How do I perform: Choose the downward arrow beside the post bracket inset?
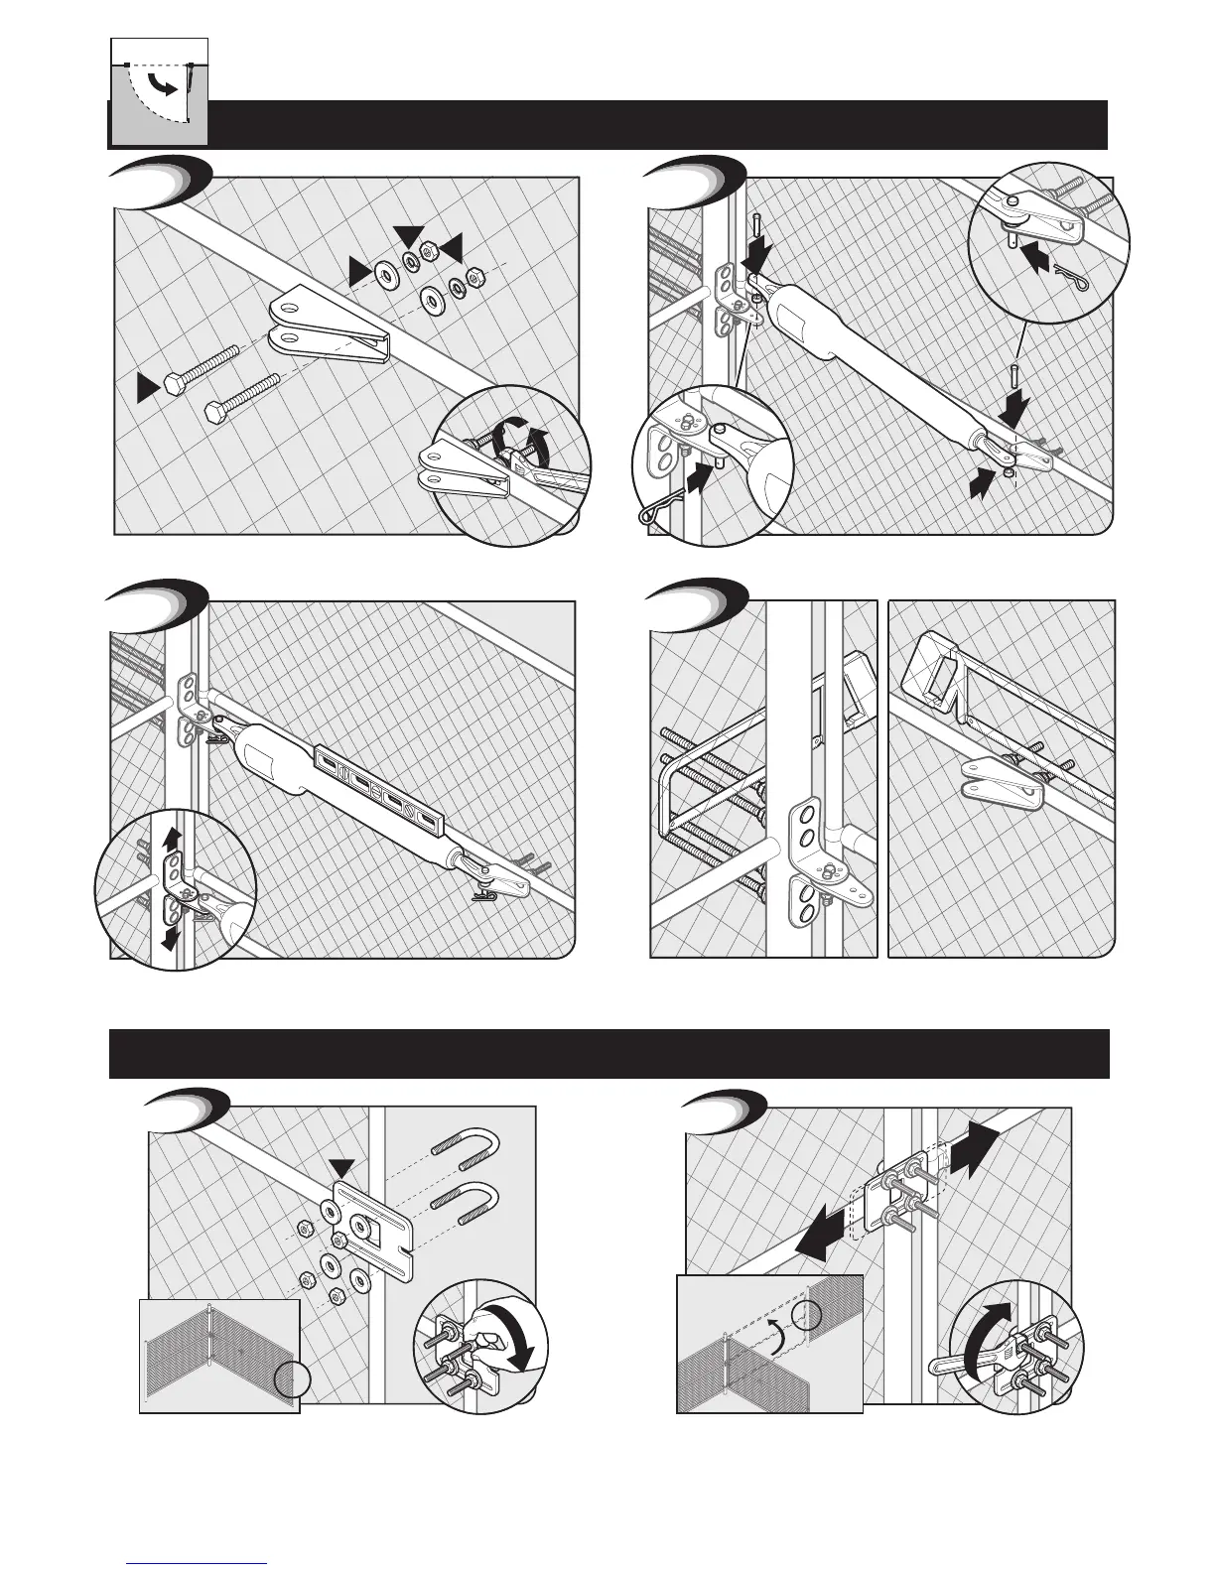[172, 935]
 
